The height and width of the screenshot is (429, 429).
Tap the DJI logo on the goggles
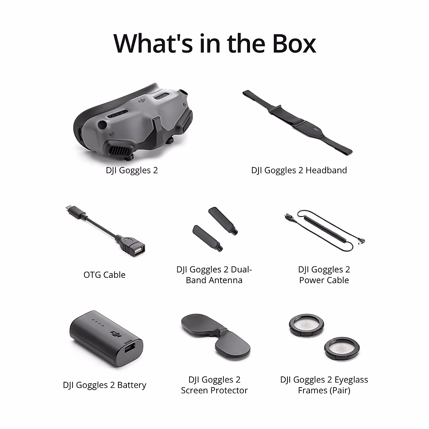click(143, 102)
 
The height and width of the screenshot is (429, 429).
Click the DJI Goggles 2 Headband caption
click(299, 170)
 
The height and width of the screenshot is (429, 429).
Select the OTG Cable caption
click(104, 275)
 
